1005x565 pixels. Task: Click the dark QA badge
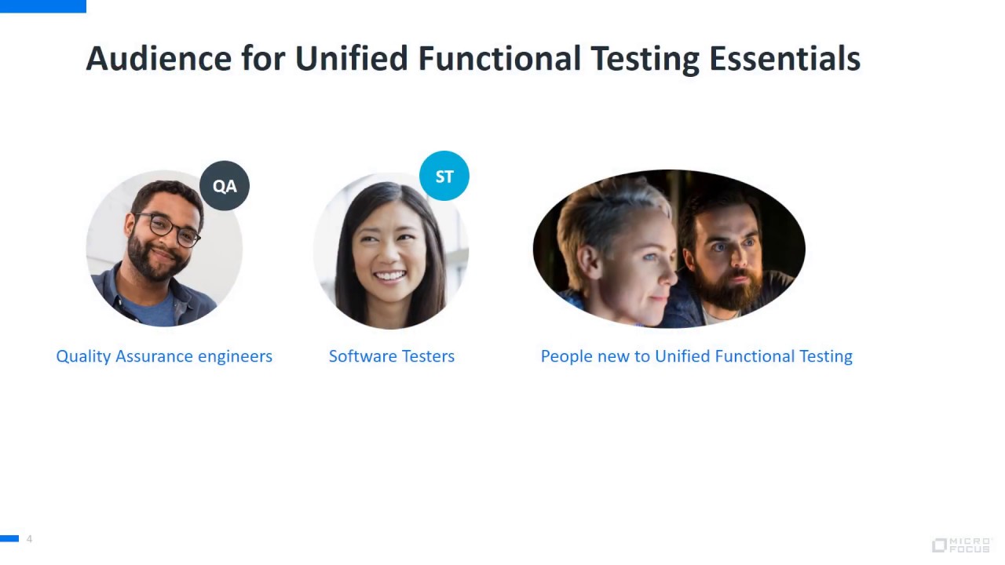[x=225, y=186]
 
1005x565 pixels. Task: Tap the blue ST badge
[x=444, y=176]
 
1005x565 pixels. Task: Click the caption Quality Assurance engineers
[x=164, y=356]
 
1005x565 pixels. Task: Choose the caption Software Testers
[x=392, y=356]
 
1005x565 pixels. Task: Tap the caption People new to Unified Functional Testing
[x=696, y=356]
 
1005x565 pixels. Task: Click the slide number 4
[x=29, y=539]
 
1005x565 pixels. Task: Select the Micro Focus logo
[x=961, y=545]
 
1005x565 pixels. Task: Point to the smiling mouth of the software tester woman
[x=390, y=276]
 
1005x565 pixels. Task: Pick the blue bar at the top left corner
[x=42, y=5]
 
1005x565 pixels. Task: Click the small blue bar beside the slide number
[x=9, y=538]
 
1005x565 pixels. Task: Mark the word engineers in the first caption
[x=235, y=356]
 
